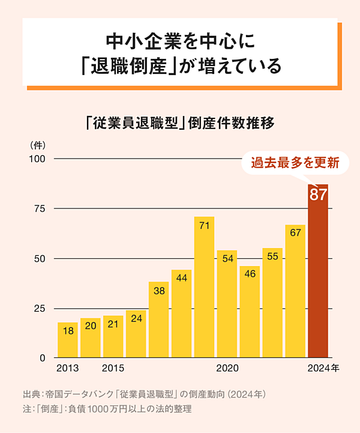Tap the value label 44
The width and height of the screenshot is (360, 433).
coord(181,278)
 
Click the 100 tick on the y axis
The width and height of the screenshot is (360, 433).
coord(37,159)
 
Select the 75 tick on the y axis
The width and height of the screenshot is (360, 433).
coord(40,208)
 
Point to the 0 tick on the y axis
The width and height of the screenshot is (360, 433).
coord(43,358)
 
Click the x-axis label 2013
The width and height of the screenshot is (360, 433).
coord(67,368)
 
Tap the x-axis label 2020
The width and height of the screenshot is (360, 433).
coord(227,368)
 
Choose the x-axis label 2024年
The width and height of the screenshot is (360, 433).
coord(323,368)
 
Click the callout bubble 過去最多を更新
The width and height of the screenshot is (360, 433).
coord(295,162)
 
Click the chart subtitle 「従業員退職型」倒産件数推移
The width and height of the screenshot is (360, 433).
coord(180,124)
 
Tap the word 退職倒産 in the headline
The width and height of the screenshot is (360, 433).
coord(127,65)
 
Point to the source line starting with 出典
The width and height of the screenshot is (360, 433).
coord(144,395)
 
